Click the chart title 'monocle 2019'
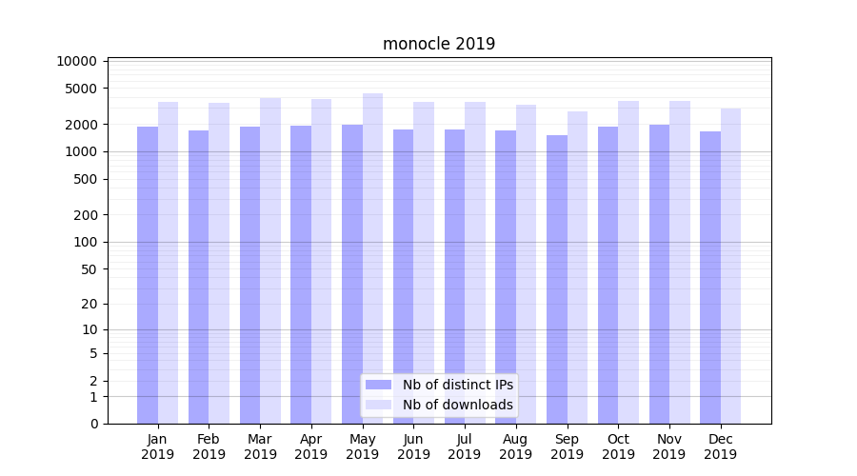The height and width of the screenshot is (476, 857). (x=439, y=44)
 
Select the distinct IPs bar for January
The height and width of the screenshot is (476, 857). (x=148, y=276)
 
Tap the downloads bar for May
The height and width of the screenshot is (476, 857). (x=372, y=257)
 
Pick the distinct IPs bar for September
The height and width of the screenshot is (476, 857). (x=557, y=281)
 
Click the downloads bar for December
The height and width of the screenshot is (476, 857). (x=730, y=267)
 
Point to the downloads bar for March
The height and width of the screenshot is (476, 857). (x=270, y=262)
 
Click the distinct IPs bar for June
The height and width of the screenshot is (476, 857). (x=403, y=276)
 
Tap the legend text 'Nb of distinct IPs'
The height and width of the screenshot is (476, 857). (x=458, y=385)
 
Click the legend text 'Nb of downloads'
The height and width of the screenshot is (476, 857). (x=458, y=405)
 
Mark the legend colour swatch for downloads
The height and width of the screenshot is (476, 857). (x=379, y=405)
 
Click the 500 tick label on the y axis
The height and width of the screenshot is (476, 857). (x=86, y=179)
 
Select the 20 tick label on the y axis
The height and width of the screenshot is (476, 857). (x=90, y=304)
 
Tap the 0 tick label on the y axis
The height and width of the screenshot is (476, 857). (x=93, y=424)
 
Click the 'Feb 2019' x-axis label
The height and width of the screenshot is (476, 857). (x=209, y=446)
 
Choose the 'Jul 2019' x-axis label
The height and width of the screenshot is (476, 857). (x=465, y=446)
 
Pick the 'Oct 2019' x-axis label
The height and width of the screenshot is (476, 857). (x=618, y=446)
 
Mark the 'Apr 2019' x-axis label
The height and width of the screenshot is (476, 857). (x=311, y=446)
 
